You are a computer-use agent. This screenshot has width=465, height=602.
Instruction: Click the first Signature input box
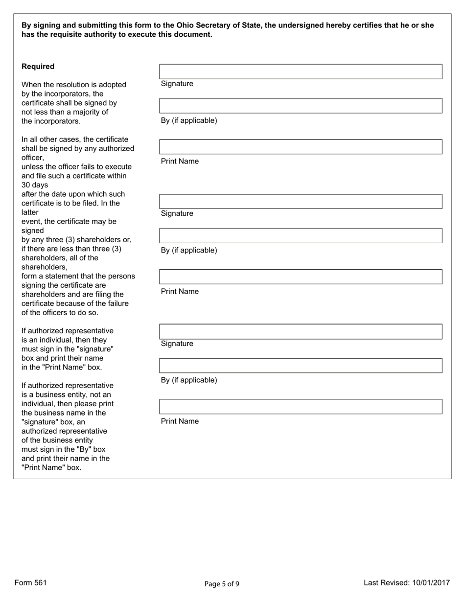[301, 71]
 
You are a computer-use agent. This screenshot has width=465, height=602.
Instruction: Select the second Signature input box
[301, 202]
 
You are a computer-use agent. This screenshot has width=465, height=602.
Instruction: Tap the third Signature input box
[301, 331]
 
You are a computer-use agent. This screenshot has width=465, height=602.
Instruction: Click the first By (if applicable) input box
[301, 106]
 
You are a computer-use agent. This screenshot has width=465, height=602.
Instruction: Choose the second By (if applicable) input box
[301, 236]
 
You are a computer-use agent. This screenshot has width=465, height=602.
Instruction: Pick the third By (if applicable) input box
[301, 366]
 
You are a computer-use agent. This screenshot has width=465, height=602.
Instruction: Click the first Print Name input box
[301, 147]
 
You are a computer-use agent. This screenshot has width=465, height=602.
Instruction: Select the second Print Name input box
[301, 277]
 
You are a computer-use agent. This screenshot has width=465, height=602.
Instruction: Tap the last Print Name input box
[301, 407]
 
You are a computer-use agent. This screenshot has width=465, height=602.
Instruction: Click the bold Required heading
[38, 67]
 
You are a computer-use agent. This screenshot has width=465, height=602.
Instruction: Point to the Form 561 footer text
[30, 582]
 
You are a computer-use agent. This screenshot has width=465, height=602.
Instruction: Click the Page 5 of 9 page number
[222, 583]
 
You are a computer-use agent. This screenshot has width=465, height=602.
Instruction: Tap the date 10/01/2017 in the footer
[430, 582]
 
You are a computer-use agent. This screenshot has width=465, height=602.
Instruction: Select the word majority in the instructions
[92, 112]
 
